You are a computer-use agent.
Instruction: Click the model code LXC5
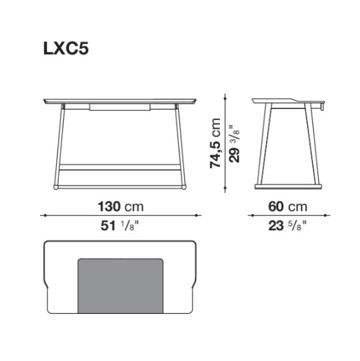point(66,48)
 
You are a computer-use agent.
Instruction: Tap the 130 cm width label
point(121,206)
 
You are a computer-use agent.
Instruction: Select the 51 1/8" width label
point(120,226)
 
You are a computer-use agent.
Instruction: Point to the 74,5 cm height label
point(215,143)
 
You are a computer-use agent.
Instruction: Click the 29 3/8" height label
point(234,144)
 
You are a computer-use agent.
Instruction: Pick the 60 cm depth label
point(288,206)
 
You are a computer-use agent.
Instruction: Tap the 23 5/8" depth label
point(288,226)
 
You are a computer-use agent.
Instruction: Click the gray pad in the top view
point(121,286)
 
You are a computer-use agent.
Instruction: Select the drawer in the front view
point(120,107)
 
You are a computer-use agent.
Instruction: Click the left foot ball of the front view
point(55,187)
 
